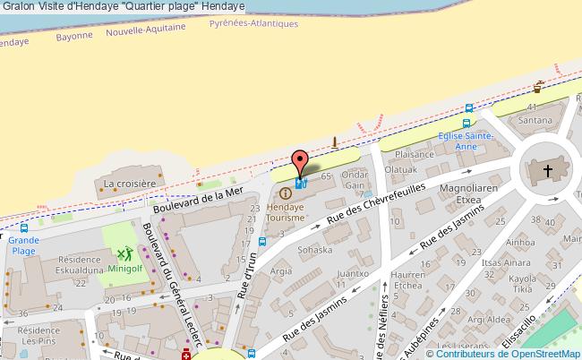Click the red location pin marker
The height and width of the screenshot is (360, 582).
click(x=300, y=161)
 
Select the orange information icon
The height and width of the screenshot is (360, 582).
click(x=285, y=192)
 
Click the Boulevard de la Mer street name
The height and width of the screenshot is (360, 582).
click(x=198, y=201)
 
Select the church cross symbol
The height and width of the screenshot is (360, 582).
click(x=548, y=169)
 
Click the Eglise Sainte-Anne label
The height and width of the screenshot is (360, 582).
click(x=466, y=140)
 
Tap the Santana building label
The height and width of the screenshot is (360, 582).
click(x=535, y=120)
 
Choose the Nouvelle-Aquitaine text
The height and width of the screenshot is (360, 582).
click(x=145, y=30)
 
